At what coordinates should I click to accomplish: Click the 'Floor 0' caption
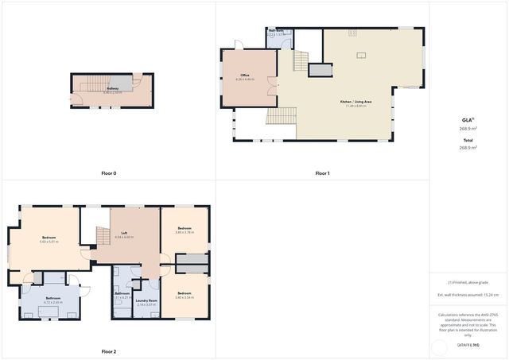pos(109,173)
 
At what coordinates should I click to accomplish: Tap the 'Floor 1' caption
pos(322,173)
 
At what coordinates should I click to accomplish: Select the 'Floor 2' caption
pos(109,351)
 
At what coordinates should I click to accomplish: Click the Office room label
pos(245,76)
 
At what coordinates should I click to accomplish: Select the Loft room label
pos(124,233)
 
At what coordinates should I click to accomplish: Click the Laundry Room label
pos(146,300)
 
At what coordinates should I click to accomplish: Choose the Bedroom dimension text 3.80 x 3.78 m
pos(185,233)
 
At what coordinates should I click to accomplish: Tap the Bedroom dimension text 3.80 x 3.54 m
pos(185,297)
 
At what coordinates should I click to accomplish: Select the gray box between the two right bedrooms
pos(192,262)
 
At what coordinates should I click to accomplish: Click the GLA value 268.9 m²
pos(468,128)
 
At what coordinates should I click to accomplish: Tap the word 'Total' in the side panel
pos(468,141)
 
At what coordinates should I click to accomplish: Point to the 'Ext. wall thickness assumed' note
pos(468,295)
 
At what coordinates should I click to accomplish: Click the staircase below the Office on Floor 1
pos(281,117)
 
